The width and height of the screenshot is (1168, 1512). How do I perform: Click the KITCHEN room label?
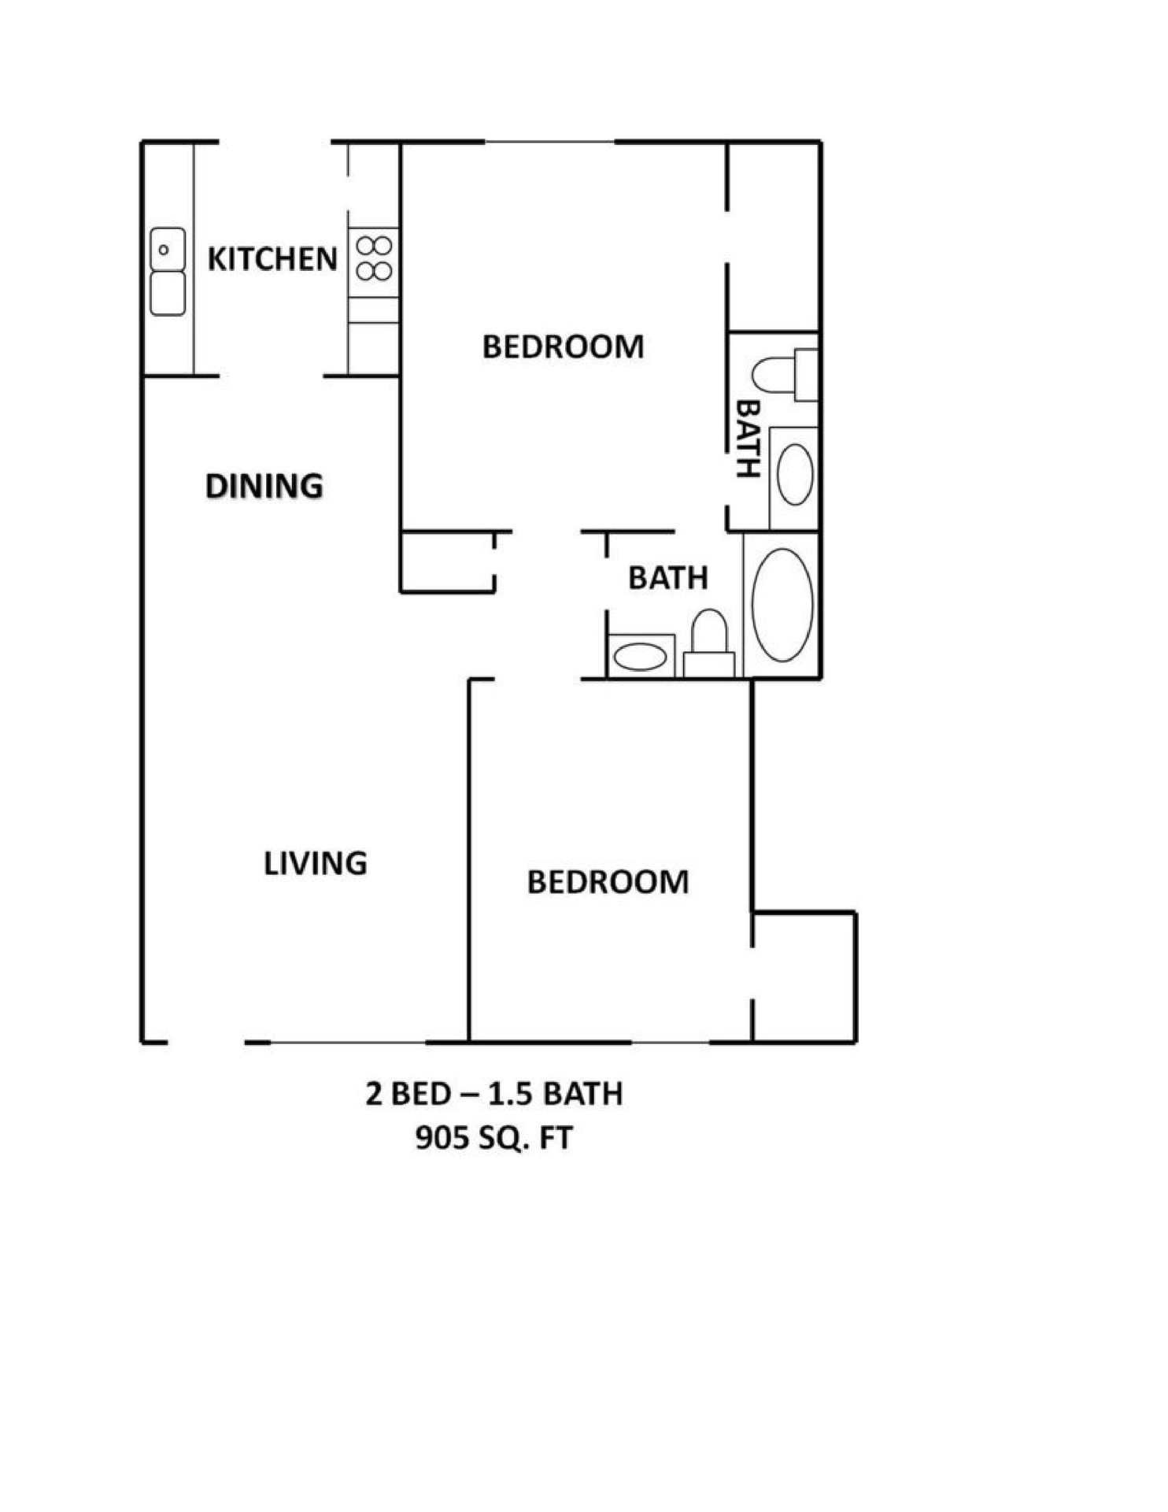point(272,259)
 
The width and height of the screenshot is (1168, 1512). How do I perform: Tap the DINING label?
point(264,487)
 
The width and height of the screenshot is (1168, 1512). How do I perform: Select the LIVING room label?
point(315,864)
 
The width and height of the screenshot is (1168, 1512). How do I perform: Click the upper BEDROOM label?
point(563,347)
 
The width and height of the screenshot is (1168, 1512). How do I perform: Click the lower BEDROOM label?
point(608,882)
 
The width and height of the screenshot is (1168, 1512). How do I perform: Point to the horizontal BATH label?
point(667,579)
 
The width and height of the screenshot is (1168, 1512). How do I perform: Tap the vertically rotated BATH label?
point(747,439)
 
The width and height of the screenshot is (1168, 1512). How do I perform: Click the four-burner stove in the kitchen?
point(374,258)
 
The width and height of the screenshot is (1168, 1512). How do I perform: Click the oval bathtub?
point(782,604)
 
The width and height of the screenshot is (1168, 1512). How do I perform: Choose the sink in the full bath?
point(639,657)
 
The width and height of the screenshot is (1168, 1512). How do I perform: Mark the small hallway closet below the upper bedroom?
point(447,561)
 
